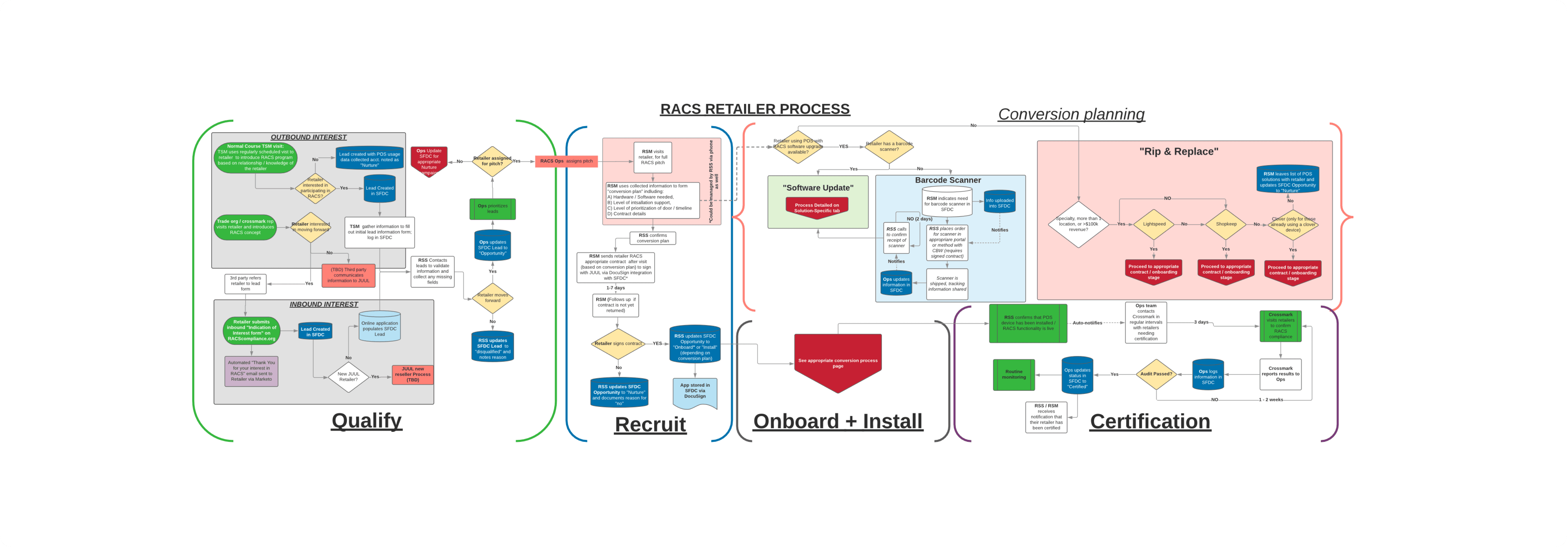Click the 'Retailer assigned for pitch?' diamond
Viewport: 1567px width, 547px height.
click(x=492, y=161)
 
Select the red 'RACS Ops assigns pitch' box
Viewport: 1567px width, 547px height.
click(x=566, y=161)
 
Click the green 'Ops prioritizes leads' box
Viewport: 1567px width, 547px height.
click(x=492, y=209)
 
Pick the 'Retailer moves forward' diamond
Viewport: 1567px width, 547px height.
click(x=492, y=298)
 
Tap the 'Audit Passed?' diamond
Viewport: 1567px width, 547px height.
click(x=1156, y=374)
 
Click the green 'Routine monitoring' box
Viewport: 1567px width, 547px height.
click(x=1013, y=374)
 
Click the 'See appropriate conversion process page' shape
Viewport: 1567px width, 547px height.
click(x=838, y=362)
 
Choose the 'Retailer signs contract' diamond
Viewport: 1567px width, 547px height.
click(x=618, y=344)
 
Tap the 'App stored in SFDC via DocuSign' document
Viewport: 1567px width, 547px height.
click(x=695, y=392)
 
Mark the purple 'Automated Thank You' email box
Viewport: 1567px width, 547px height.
click(x=251, y=371)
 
